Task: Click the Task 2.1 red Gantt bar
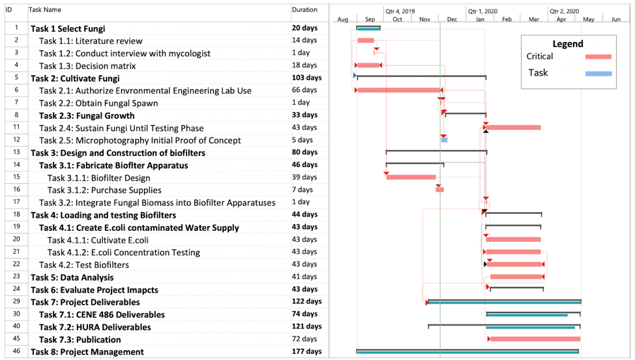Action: tap(399, 90)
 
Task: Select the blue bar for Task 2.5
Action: tap(444, 140)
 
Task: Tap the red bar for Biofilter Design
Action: tap(411, 177)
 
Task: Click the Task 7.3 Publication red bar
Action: tap(535, 339)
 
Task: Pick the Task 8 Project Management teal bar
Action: tap(467, 352)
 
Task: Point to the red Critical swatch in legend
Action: tap(598, 57)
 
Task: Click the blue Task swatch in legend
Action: tap(598, 74)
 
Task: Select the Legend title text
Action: tap(568, 44)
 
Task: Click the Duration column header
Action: tap(304, 10)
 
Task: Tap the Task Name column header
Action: tap(45, 10)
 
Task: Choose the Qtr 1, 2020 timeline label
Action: tap(482, 11)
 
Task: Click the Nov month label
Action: tap(425, 20)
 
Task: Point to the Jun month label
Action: tap(615, 20)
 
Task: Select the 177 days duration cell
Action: tap(307, 352)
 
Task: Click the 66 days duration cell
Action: tap(304, 90)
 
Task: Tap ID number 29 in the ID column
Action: tap(16, 301)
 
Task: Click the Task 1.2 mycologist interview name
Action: tap(125, 53)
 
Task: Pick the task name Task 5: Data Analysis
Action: tap(72, 277)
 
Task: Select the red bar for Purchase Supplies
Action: tap(440, 190)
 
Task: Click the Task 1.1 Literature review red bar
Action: tap(366, 40)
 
